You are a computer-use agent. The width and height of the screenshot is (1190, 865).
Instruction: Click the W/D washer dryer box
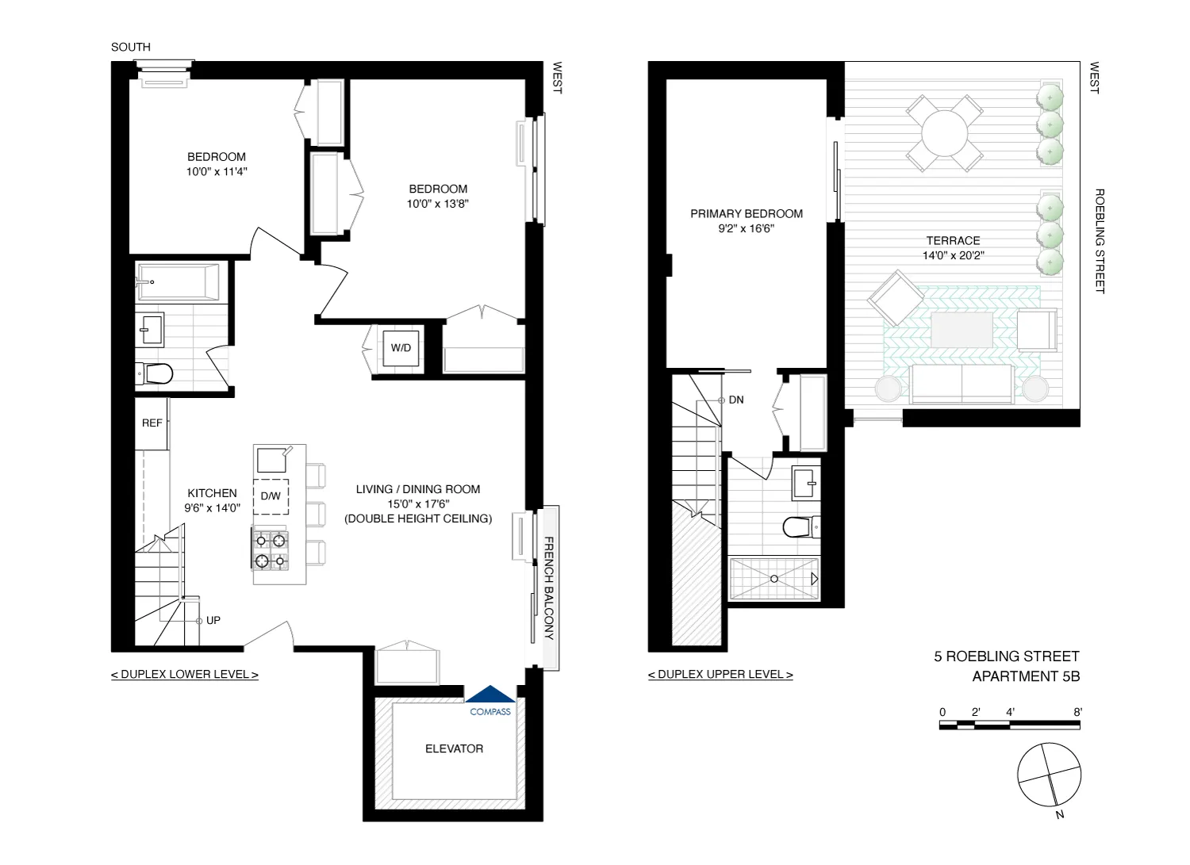[401, 348]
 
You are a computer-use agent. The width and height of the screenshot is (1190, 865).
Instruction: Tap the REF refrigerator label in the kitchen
[152, 423]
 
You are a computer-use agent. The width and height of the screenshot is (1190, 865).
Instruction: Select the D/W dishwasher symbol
[271, 496]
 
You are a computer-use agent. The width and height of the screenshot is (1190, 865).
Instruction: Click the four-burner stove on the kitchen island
[271, 550]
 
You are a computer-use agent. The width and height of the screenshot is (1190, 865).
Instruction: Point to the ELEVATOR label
[454, 748]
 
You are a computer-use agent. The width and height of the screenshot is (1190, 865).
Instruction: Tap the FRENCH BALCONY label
[548, 588]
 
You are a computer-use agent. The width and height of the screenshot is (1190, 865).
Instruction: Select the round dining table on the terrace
[945, 133]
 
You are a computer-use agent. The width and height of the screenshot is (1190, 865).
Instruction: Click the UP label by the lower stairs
[213, 620]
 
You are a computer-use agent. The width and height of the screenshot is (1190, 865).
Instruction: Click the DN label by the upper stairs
[736, 400]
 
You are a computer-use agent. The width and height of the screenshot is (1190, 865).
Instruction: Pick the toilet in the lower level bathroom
[155, 373]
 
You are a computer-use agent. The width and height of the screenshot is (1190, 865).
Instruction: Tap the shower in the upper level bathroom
[773, 579]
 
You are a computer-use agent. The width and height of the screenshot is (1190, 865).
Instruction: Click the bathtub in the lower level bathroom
[178, 281]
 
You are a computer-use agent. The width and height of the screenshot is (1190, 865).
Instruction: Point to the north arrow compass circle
[1049, 775]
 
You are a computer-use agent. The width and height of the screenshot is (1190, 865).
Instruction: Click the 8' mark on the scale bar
[1077, 712]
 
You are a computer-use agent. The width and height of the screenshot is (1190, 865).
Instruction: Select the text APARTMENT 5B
[1025, 676]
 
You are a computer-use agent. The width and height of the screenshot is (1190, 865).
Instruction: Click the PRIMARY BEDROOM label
[746, 213]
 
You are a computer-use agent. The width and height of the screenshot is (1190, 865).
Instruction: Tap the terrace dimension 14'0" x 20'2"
[953, 255]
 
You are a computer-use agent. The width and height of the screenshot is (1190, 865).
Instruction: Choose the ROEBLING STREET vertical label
[1100, 241]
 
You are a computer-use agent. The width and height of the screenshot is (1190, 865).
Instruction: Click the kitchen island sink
[272, 460]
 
